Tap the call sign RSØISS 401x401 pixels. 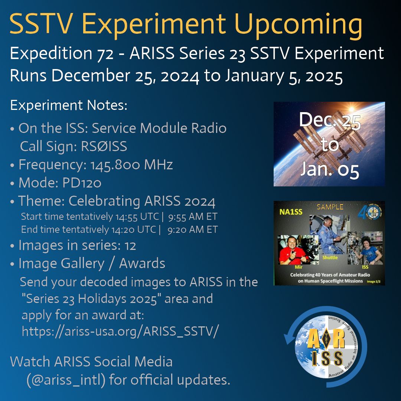tap(104, 147)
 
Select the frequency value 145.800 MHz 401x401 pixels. tap(131, 164)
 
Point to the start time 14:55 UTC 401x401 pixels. tap(131, 216)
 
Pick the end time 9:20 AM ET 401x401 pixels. tap(192, 230)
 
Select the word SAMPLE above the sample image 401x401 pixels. tap(330, 207)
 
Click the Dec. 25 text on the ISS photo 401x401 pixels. tap(329, 121)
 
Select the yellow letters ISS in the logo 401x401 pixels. tap(327, 358)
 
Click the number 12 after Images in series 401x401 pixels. tap(130, 245)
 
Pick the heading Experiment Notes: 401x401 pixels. tap(69, 106)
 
